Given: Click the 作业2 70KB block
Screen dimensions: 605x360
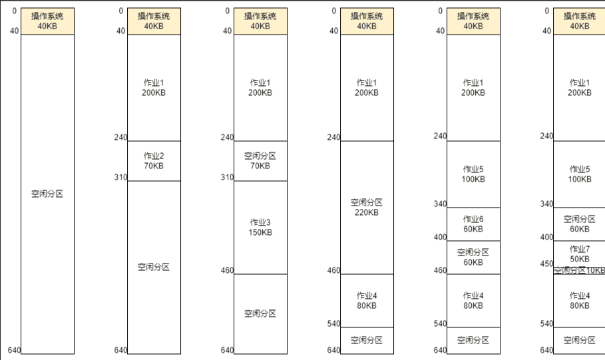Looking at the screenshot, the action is pos(154,161).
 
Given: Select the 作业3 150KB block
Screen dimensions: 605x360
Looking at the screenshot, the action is pos(260,228).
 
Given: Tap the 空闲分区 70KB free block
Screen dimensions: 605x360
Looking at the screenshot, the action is pos(260,161).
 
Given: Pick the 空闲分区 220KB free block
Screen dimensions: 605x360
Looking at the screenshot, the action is pos(367,208).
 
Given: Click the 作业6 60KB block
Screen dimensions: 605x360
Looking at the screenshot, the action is pos(473,224).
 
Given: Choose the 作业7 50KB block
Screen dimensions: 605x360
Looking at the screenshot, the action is pos(579,254).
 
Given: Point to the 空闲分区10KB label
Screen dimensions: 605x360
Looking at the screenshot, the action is pos(579,270).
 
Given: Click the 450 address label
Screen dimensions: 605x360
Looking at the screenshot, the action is pos(546,264).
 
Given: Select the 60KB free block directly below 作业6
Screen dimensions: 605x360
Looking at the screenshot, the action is pos(473,258).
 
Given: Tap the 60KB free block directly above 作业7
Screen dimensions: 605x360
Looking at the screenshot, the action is pos(579,224).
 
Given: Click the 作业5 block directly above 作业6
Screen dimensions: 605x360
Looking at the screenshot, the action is pos(473,174).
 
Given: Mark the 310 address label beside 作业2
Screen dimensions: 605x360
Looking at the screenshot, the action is pos(120,178).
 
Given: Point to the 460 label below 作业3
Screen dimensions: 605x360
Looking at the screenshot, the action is pos(227,271).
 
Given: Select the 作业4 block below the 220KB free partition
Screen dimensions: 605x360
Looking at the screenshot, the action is pos(367,301).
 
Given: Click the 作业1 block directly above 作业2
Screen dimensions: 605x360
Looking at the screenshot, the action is pos(154,88).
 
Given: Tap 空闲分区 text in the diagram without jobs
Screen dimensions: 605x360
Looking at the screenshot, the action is pos(47,194).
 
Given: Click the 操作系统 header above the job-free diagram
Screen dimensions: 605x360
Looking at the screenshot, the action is pos(47,21).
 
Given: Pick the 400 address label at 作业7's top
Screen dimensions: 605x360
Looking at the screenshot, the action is pos(546,237).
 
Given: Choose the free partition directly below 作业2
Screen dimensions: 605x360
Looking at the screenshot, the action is pos(154,268).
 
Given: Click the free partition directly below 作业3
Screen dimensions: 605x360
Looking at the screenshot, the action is pos(260,314).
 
